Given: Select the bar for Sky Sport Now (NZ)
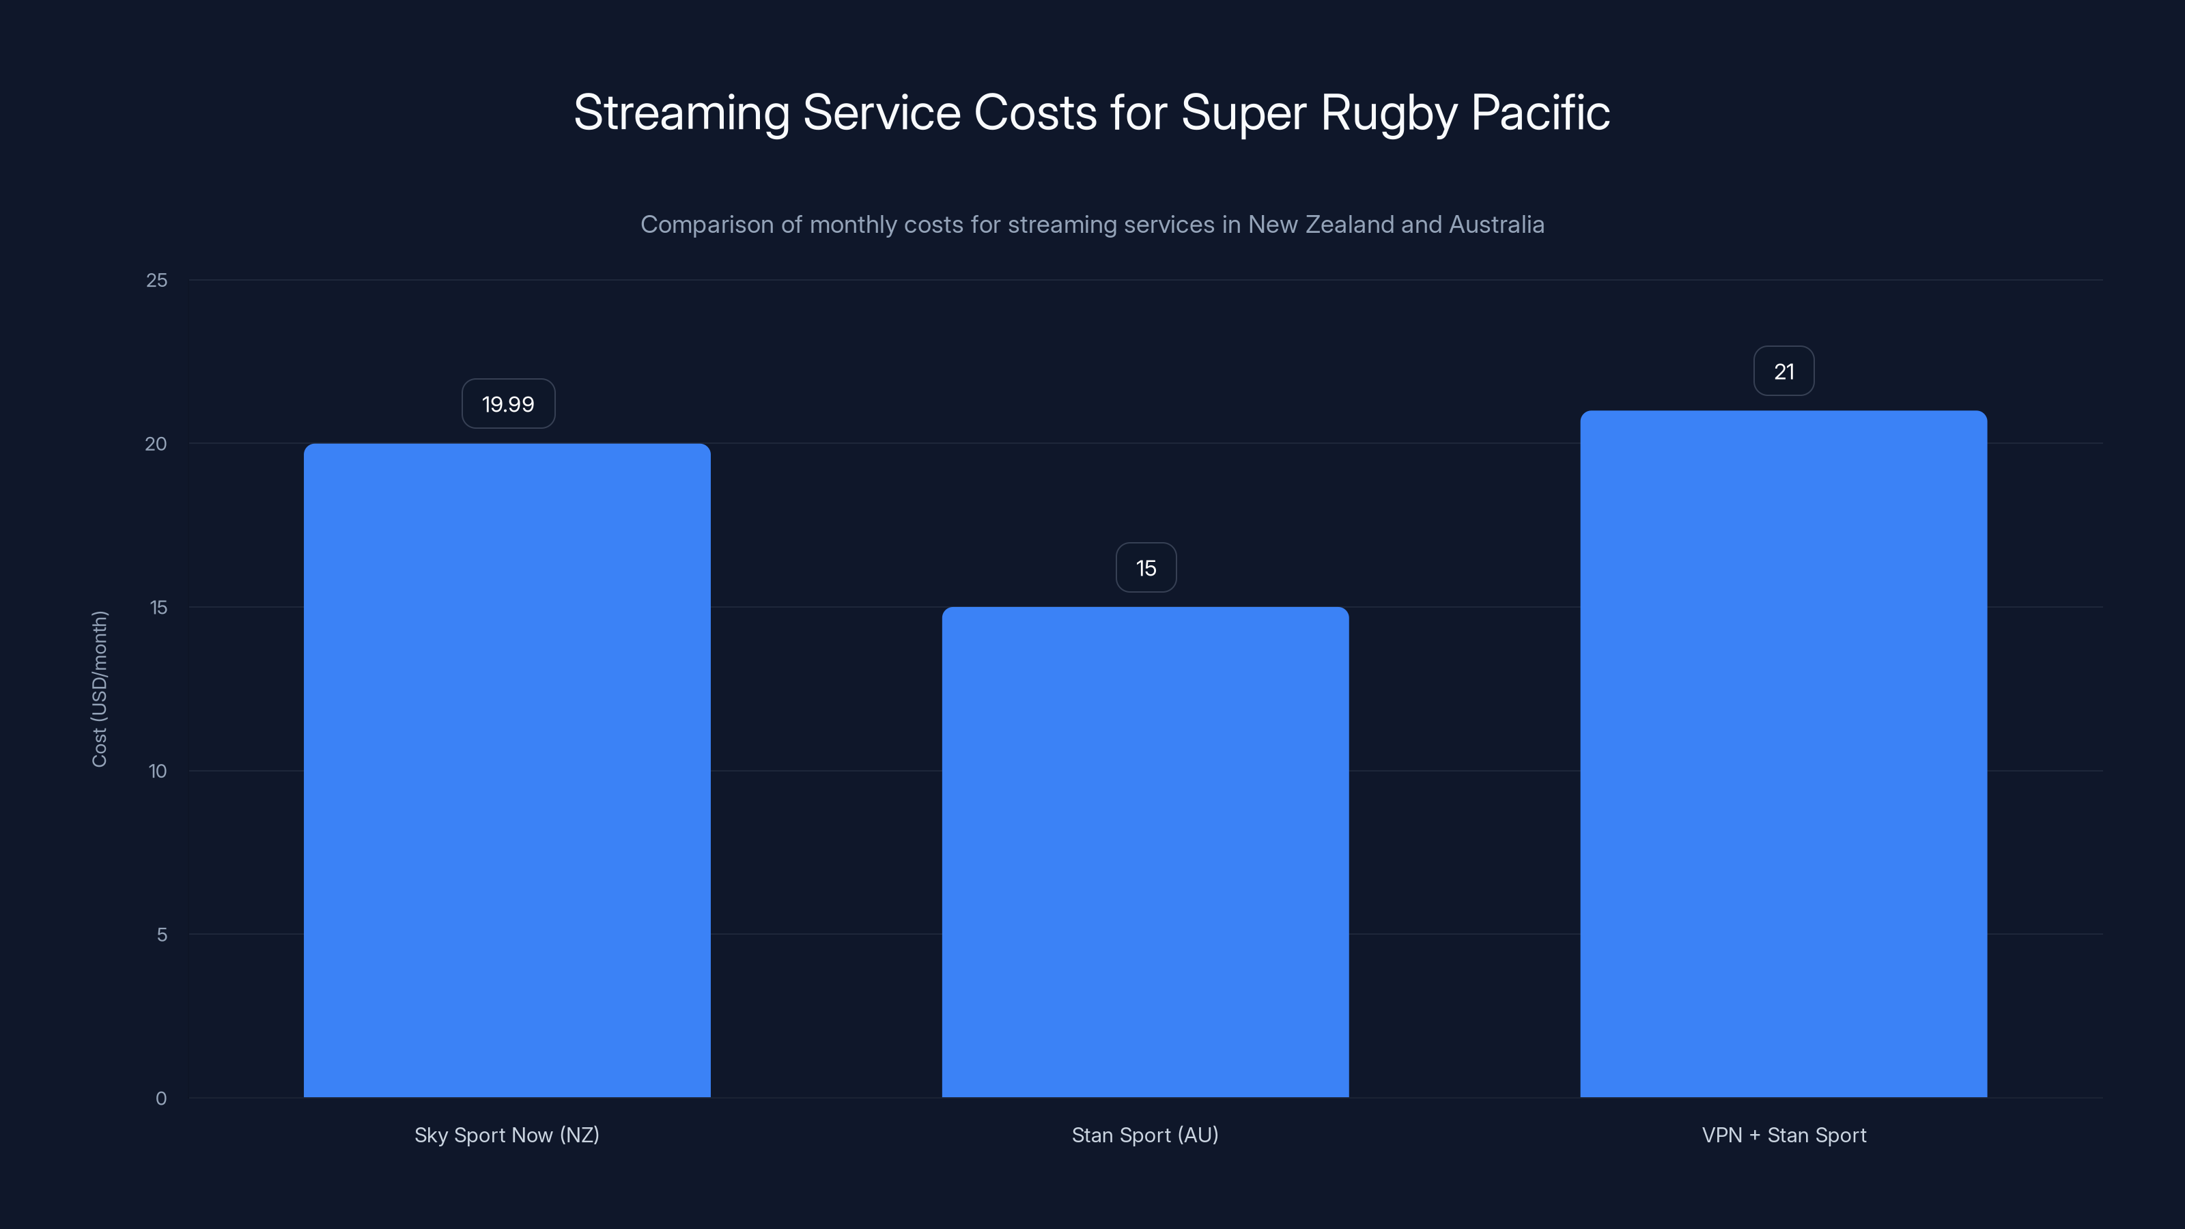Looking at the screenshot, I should click(507, 770).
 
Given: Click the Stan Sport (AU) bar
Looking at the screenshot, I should click(1145, 851).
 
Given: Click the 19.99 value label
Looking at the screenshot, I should click(508, 404).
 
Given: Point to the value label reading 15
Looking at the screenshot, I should click(1146, 567).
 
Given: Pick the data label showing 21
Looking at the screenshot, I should click(1784, 371).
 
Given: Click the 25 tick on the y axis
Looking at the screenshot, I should click(157, 280).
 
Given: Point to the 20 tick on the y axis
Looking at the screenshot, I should click(156, 444).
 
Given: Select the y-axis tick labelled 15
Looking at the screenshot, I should click(158, 607).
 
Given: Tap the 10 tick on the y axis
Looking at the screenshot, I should click(158, 771).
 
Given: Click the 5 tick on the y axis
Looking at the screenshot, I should click(161, 935).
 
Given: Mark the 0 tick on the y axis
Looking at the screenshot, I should click(161, 1099).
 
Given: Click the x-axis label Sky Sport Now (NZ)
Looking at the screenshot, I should click(507, 1135).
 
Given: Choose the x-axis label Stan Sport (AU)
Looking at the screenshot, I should click(1145, 1135).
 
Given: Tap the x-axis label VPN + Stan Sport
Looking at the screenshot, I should click(1784, 1135).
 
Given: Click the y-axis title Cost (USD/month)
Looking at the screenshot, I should click(99, 689).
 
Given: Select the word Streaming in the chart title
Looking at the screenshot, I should click(681, 113).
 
